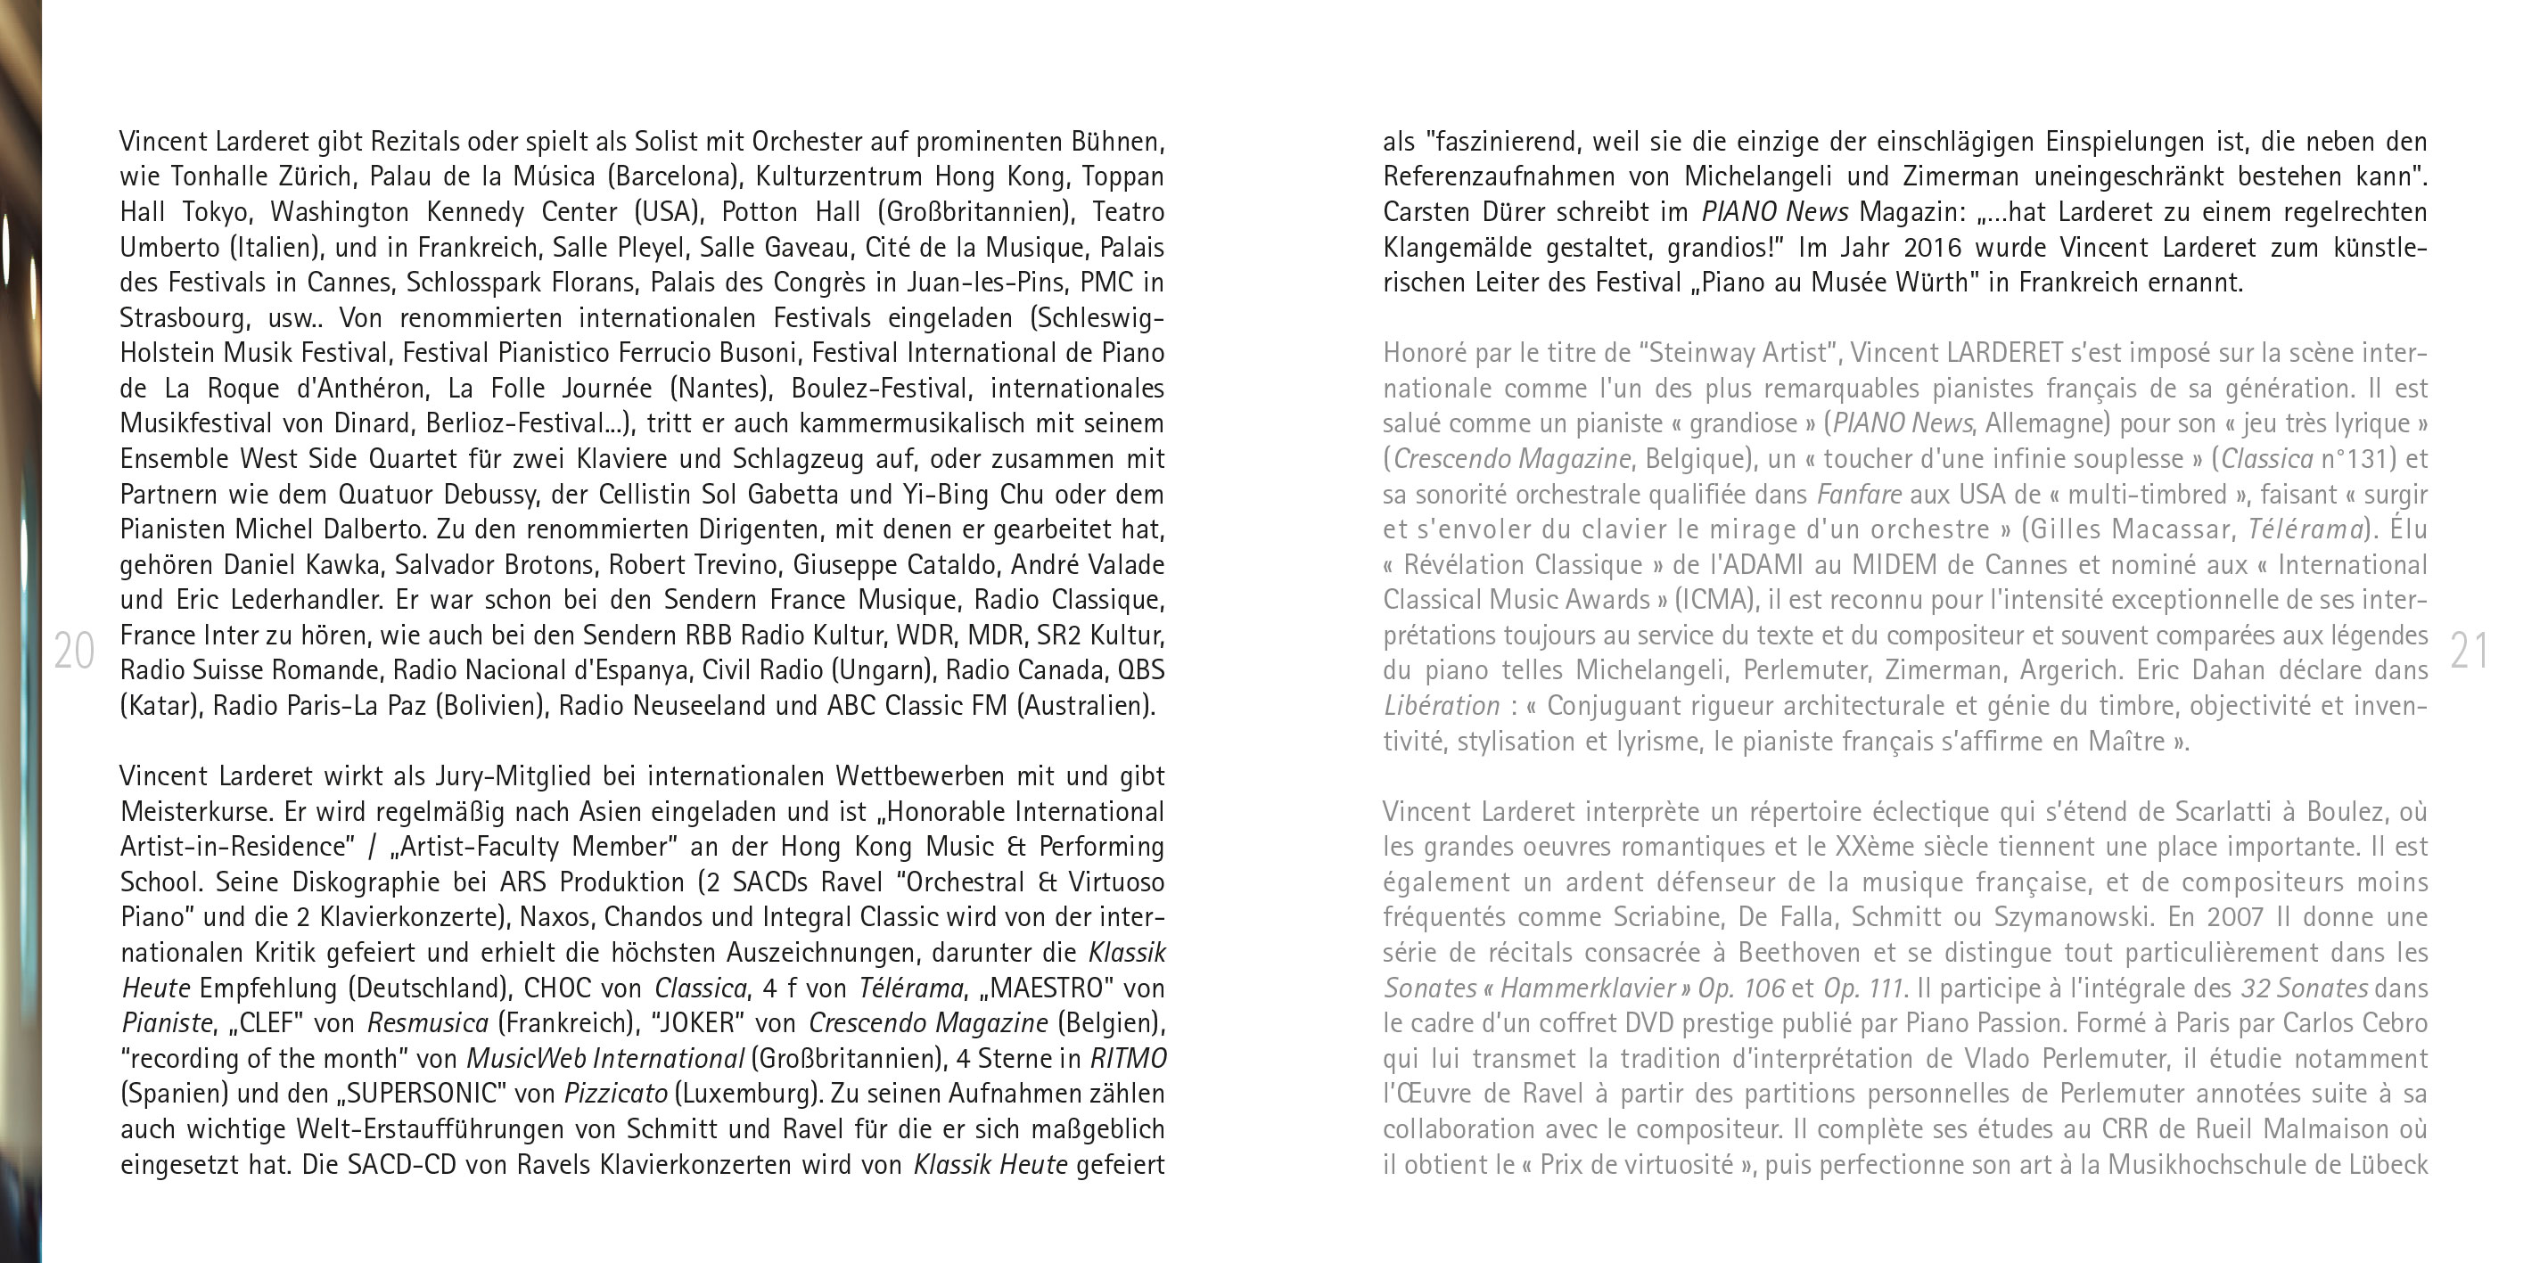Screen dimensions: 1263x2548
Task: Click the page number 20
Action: [73, 651]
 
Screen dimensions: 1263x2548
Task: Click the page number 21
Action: [2469, 651]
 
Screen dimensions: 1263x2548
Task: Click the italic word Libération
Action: [1442, 706]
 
